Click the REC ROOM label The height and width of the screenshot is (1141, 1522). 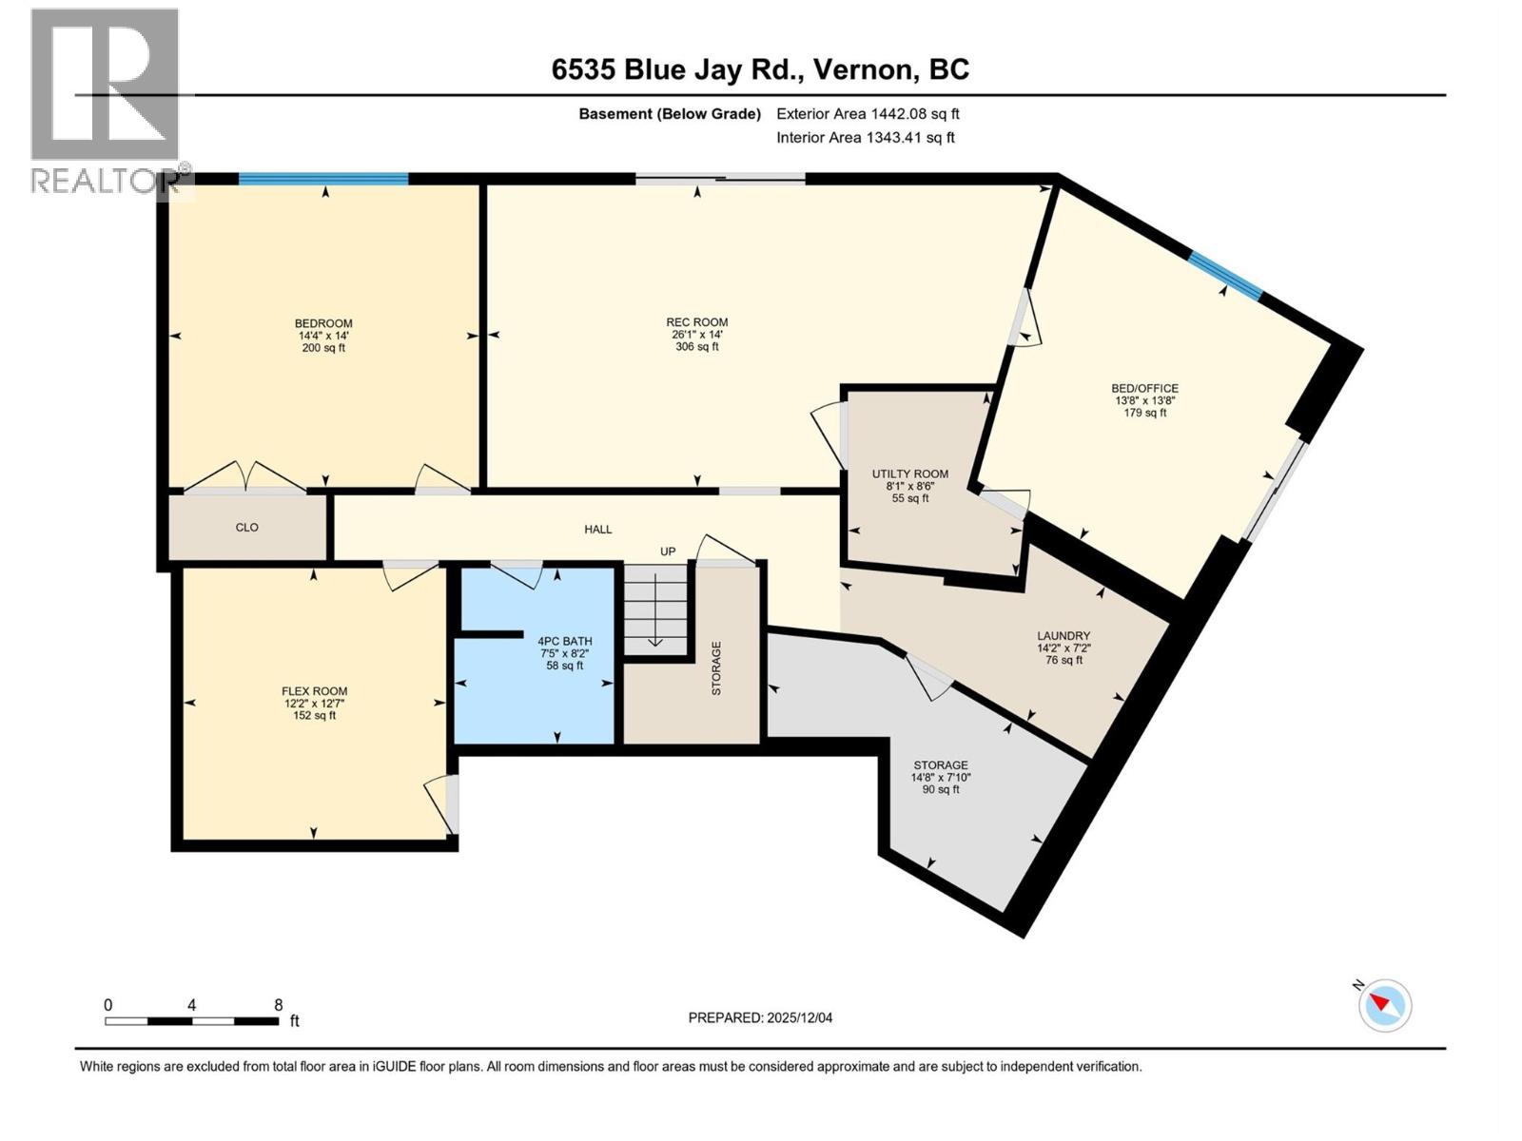tap(696, 322)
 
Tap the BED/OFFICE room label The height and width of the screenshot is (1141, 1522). tap(1144, 388)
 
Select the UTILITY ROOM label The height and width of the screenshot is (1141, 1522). tap(909, 474)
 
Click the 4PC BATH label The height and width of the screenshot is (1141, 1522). tap(564, 641)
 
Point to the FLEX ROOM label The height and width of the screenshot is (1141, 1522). tap(314, 691)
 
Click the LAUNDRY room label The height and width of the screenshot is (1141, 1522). tap(1063, 636)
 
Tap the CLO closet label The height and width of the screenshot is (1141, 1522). tap(246, 527)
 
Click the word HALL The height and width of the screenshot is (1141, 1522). tap(597, 529)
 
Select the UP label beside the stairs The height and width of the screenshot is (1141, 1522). tap(668, 551)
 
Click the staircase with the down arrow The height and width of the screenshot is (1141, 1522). tap(654, 609)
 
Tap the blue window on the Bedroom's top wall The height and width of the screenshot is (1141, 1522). tap(323, 178)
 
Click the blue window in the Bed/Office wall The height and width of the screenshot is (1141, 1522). tap(1225, 275)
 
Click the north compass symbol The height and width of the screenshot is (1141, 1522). tap(1384, 1005)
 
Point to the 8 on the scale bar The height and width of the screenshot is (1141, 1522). tap(278, 1004)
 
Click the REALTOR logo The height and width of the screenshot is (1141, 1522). tap(105, 100)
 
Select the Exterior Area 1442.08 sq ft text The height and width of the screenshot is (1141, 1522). tap(868, 113)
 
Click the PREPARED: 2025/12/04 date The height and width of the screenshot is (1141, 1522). tap(760, 1017)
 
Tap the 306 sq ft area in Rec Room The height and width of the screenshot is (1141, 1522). tap(696, 347)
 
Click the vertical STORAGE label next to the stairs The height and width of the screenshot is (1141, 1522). tap(716, 667)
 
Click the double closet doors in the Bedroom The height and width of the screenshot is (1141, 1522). tap(245, 477)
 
